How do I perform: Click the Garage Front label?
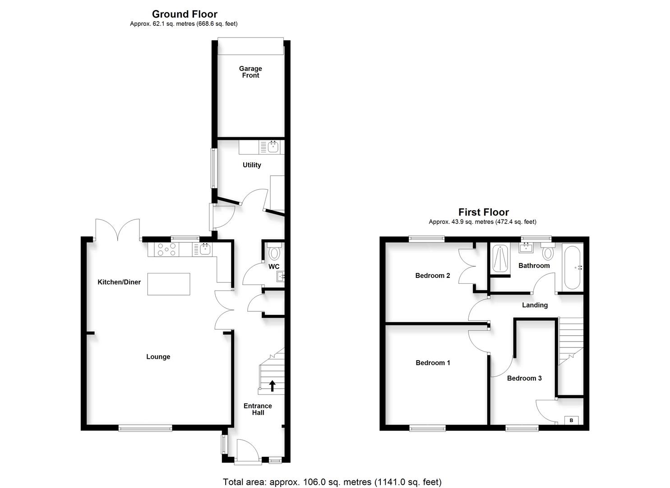pos(250,72)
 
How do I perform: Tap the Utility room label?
pos(252,165)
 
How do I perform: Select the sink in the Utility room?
pos(273,147)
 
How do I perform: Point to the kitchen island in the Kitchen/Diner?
pos(169,284)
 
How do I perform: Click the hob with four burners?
pos(166,249)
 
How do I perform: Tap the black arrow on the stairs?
pos(273,385)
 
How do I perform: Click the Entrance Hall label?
pos(258,409)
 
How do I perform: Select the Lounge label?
pos(158,357)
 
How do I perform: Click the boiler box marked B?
pos(571,420)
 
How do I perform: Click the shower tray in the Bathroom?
pos(500,259)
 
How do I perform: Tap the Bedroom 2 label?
pos(433,275)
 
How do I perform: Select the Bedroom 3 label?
pos(524,378)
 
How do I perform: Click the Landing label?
pos(535,305)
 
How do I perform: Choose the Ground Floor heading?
pos(185,14)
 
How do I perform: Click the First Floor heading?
pos(484,212)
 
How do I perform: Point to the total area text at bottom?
pos(332,482)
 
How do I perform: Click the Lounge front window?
pos(145,428)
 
